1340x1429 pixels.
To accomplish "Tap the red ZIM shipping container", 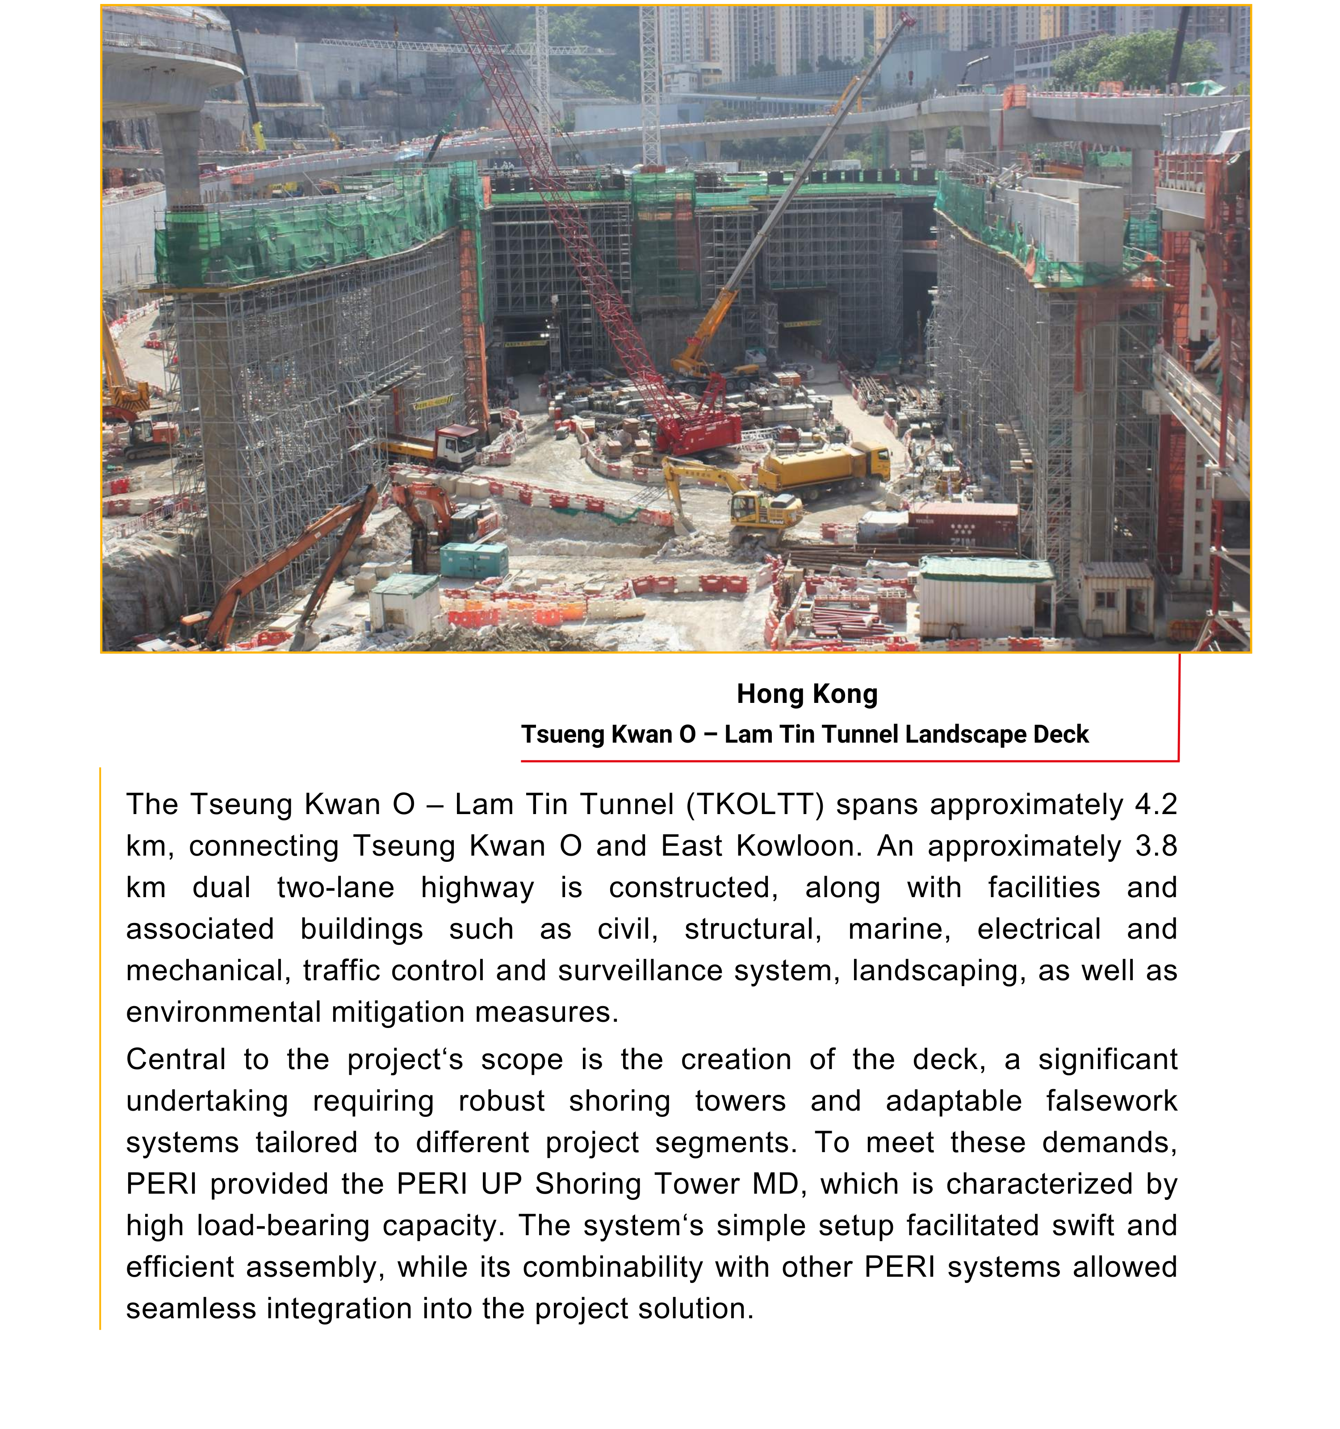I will tap(963, 522).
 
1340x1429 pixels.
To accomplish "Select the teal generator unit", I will tap(473, 559).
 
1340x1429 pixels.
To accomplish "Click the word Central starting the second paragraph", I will tap(176, 1060).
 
